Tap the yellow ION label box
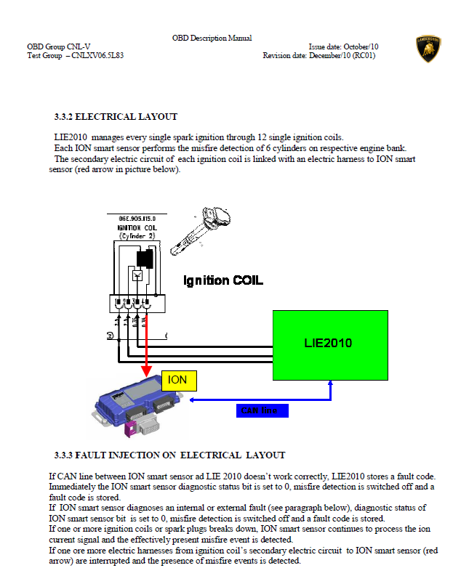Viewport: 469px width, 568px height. pos(177,379)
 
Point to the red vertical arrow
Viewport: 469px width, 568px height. pos(147,334)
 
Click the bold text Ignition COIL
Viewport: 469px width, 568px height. pos(223,280)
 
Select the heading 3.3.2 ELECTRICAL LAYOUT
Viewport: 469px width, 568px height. pos(116,116)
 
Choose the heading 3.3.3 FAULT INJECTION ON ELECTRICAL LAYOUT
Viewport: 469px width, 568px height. pos(169,455)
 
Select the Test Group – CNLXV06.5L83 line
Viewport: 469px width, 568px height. pos(76,55)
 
